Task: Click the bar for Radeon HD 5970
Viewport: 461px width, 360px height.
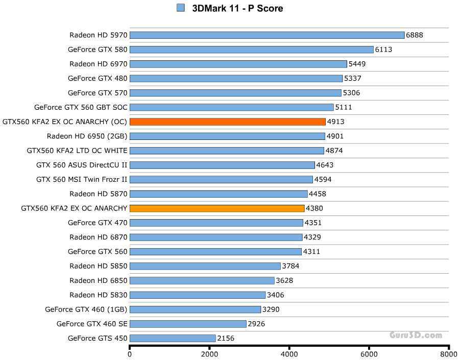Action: (267, 35)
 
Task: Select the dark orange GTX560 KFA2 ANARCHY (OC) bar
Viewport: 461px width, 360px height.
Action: (228, 122)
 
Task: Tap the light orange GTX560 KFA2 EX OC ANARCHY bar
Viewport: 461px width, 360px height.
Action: (217, 208)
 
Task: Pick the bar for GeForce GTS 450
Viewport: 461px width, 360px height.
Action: (173, 338)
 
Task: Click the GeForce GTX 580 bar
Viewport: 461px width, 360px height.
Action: (252, 50)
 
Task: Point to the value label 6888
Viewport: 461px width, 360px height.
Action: (415, 35)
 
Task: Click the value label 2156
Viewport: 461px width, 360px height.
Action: (226, 338)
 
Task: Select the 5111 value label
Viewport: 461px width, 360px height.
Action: (343, 107)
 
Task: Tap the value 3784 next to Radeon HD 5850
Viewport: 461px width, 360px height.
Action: (290, 266)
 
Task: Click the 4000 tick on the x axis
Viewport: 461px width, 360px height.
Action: (289, 353)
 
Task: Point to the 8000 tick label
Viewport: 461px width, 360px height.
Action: (448, 353)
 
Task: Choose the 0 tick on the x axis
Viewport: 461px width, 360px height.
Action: (130, 353)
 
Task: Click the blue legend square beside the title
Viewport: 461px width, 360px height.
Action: (180, 8)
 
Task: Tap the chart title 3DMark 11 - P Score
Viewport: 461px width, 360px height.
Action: (237, 8)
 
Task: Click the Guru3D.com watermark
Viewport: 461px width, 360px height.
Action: (416, 335)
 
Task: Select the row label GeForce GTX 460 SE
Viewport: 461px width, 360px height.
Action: (92, 324)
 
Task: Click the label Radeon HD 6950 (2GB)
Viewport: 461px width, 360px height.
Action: (87, 136)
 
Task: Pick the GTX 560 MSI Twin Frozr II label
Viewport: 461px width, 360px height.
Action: (82, 179)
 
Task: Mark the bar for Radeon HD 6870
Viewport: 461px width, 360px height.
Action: (216, 237)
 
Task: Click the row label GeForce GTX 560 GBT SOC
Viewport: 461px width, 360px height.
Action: (81, 107)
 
